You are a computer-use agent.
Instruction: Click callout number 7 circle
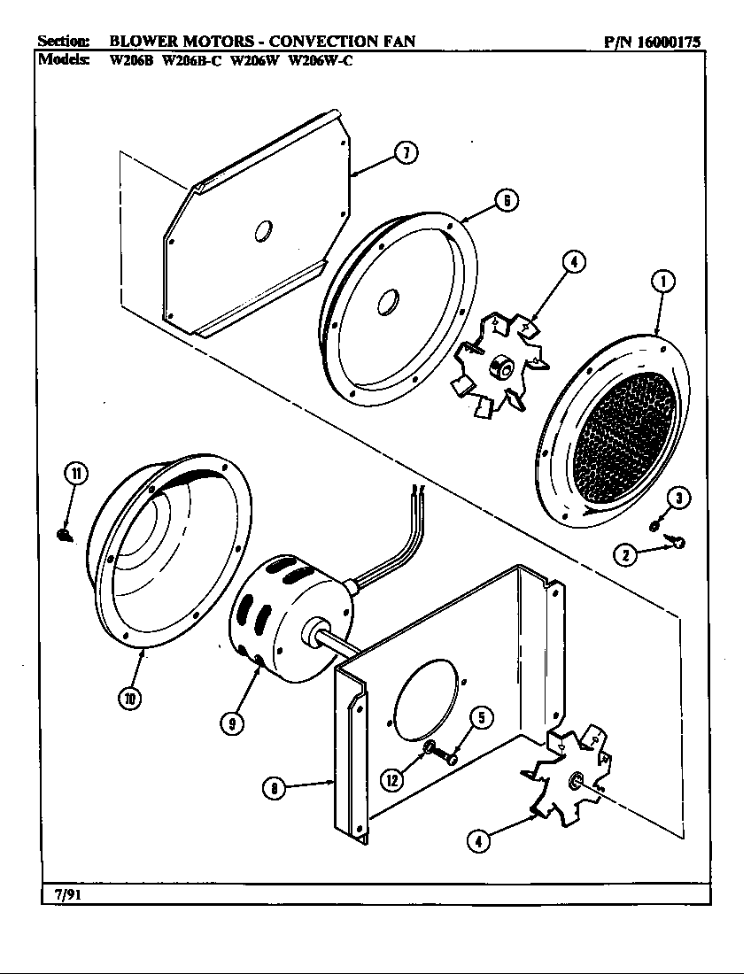click(x=406, y=153)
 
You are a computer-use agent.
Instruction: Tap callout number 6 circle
click(x=505, y=200)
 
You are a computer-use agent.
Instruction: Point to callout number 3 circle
click(x=678, y=499)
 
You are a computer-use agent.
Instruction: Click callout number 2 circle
click(x=627, y=556)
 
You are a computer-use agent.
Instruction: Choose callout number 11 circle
click(x=75, y=474)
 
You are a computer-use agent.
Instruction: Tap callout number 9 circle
click(x=233, y=723)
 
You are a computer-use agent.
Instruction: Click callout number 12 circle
click(x=391, y=780)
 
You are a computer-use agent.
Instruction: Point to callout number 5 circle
click(x=480, y=717)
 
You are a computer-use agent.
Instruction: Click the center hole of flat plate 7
click(x=263, y=232)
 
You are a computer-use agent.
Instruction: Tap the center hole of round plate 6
click(x=386, y=304)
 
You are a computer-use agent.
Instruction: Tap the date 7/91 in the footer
click(x=58, y=893)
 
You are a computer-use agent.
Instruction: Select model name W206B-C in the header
click(x=191, y=61)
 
